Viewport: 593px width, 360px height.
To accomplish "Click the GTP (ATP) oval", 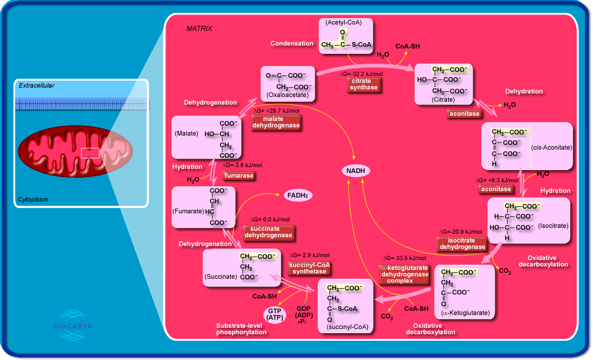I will [275, 314].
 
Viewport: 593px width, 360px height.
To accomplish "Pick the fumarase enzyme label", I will [239, 175].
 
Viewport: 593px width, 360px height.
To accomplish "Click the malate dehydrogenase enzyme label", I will [276, 123].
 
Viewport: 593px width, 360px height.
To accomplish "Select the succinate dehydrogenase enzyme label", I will [268, 232].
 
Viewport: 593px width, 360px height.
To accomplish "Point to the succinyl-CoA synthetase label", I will [310, 268].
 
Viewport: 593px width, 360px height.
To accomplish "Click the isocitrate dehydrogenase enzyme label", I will [462, 244].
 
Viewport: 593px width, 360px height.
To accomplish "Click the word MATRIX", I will [199, 29].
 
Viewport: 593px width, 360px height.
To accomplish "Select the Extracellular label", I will [36, 86].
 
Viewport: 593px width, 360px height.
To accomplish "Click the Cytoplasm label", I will [33, 199].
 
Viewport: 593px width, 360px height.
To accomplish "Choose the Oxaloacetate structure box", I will [286, 84].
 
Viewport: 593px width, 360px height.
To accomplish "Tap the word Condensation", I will [292, 44].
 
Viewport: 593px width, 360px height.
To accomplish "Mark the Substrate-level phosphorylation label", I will [241, 328].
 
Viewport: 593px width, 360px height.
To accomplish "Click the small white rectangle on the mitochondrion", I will [90, 153].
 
